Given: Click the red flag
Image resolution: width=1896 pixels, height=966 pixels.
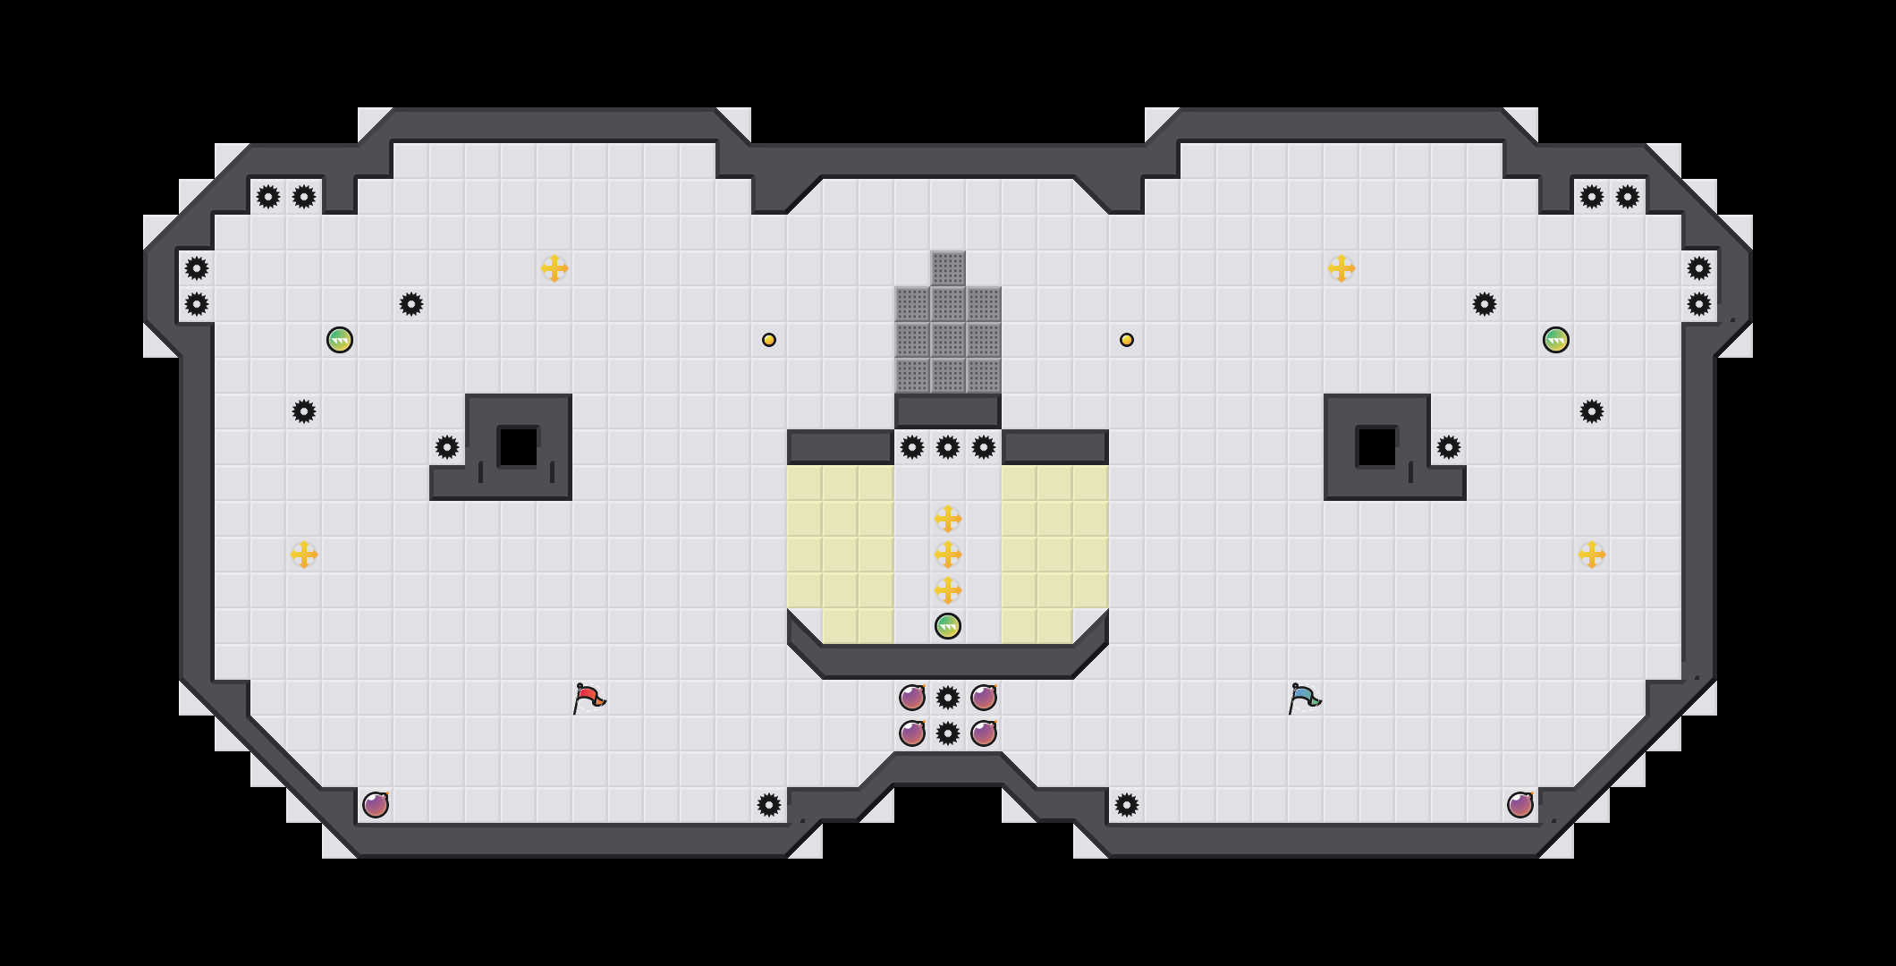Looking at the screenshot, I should pyautogui.click(x=588, y=698).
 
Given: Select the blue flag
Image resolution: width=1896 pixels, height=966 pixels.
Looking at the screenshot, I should pyautogui.click(x=1303, y=698).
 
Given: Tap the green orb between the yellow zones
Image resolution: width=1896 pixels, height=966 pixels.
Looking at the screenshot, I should pyautogui.click(x=948, y=626).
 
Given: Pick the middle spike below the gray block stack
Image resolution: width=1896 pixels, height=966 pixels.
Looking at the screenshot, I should pyautogui.click(x=948, y=447).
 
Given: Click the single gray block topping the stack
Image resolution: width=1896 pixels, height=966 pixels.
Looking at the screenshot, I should pyautogui.click(x=948, y=268).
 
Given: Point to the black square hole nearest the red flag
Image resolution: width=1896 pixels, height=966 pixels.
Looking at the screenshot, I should pyautogui.click(x=519, y=447).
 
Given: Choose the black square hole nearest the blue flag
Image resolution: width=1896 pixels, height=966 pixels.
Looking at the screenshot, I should pyautogui.click(x=1377, y=447).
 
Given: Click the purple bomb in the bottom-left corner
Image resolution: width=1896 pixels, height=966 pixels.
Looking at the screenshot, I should pyautogui.click(x=376, y=805).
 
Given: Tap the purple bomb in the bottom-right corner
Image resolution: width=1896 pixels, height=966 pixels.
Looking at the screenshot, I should pyautogui.click(x=1520, y=805).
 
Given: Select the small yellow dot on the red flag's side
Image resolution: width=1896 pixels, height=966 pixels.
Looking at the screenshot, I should pyautogui.click(x=769, y=340).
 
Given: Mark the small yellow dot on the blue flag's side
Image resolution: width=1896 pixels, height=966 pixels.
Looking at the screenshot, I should pyautogui.click(x=1127, y=340).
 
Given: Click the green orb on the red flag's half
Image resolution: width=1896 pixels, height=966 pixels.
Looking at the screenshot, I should pyautogui.click(x=340, y=340).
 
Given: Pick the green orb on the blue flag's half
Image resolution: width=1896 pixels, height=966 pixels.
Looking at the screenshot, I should pyautogui.click(x=1556, y=340).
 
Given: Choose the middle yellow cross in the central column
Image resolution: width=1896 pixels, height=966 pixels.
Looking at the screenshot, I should pyautogui.click(x=948, y=555).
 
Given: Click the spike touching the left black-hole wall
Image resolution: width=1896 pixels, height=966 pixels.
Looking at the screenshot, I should pyautogui.click(x=447, y=447).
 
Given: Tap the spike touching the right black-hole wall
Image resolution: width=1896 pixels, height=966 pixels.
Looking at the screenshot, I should pyautogui.click(x=1449, y=447).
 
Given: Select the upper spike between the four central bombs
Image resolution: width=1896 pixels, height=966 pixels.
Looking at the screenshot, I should pyautogui.click(x=948, y=698).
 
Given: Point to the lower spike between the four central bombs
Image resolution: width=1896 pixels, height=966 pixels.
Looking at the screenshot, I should pyautogui.click(x=948, y=733).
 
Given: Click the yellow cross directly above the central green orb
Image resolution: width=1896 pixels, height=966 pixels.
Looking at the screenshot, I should pyautogui.click(x=948, y=590).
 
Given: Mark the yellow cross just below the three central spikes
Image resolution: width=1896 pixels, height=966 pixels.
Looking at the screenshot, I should pyautogui.click(x=948, y=519).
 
